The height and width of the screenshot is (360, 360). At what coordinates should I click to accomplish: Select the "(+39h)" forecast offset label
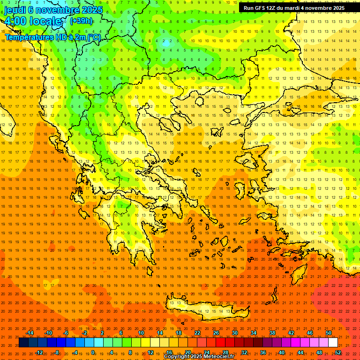pos(81,21)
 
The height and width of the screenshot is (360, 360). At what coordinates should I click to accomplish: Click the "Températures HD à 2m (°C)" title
pos(53,37)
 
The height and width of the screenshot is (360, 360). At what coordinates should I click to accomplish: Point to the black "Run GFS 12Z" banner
pos(294,7)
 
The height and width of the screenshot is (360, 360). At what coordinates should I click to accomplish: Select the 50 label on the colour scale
pos(328,333)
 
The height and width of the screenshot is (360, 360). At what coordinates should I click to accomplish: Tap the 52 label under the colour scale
pos(338,352)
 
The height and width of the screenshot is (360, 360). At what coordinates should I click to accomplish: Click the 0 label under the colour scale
pos(93,352)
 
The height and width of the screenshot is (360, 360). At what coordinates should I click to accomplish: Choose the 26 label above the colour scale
pos(216,333)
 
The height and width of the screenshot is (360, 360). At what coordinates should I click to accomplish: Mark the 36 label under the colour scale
pos(263,352)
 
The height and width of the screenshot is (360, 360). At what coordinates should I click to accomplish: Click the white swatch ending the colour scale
pos(333,343)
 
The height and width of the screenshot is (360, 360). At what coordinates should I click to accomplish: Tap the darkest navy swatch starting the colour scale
pos(23,343)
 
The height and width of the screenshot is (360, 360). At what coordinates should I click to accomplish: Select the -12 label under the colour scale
pos(39,352)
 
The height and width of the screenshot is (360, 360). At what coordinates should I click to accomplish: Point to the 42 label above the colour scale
pos(291,333)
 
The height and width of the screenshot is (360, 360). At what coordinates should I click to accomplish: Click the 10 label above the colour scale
pos(141,333)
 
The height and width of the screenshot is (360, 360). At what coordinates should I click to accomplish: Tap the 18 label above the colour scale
pos(178,333)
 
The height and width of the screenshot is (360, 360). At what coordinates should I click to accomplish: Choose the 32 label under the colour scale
pos(244,352)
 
